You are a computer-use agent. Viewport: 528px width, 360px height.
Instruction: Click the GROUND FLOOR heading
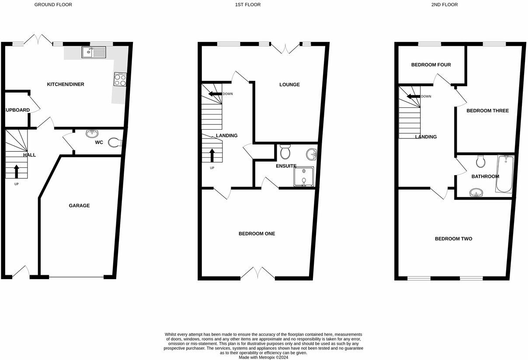click(x=53, y=5)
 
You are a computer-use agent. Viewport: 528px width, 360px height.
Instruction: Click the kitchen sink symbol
click(x=94, y=52)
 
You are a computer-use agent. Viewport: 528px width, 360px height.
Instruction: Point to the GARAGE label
click(x=79, y=206)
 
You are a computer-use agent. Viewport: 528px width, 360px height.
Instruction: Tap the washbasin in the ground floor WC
click(x=92, y=133)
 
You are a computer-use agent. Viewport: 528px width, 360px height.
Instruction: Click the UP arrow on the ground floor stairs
click(x=17, y=171)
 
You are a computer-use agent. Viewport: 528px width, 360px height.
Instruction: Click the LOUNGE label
click(x=289, y=85)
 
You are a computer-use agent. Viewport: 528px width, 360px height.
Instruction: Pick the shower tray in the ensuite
click(x=304, y=177)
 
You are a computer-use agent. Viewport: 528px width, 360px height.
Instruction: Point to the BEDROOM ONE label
click(x=257, y=234)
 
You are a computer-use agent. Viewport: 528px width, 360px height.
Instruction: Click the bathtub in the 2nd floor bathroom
click(x=505, y=174)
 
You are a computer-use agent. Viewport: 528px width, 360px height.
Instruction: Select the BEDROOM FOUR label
click(x=431, y=65)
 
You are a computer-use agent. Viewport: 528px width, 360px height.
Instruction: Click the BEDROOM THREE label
click(x=487, y=111)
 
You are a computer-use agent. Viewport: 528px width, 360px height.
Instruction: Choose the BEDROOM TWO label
click(x=453, y=239)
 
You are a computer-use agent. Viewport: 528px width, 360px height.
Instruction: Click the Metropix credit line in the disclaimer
click(x=263, y=357)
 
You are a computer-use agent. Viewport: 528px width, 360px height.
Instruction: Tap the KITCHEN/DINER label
click(x=66, y=84)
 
